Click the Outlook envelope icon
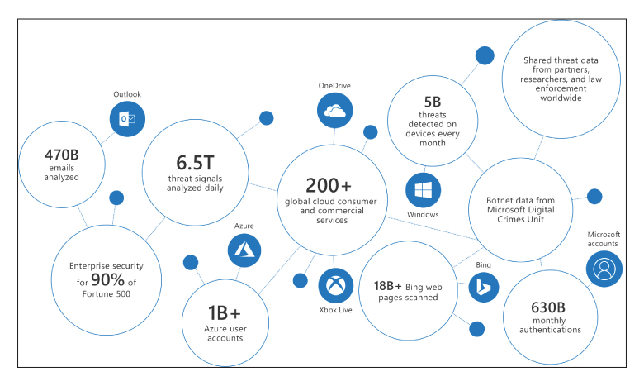click(127, 120)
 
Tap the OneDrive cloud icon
click(335, 112)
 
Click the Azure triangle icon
click(244, 248)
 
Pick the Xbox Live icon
click(335, 285)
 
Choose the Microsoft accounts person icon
click(604, 269)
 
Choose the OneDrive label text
click(335, 86)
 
